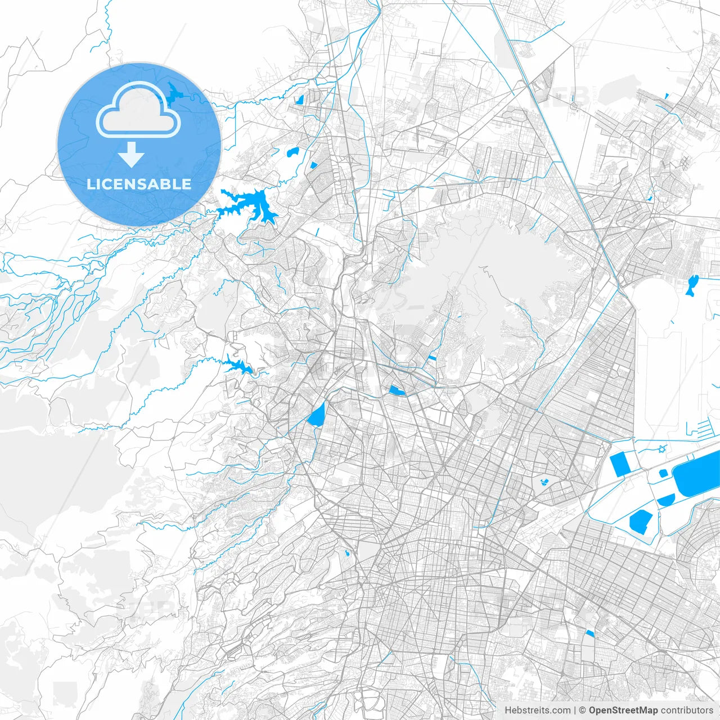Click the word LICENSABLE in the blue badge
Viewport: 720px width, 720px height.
pos(139,184)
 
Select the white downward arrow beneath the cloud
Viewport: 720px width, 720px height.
pos(132,155)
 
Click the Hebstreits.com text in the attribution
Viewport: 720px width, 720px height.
pos(537,710)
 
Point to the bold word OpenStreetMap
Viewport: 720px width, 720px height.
pos(623,710)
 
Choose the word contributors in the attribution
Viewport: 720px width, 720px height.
pos(686,710)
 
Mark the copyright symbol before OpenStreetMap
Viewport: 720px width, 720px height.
pos(583,710)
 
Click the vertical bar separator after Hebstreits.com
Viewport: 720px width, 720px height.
pos(575,710)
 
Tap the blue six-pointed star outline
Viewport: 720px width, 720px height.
pos(662,449)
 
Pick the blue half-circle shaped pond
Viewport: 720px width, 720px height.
pos(666,499)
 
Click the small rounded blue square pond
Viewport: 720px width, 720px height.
pos(663,474)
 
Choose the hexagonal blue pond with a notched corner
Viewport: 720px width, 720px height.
pos(641,521)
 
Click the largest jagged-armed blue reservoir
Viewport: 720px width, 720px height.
pos(247,205)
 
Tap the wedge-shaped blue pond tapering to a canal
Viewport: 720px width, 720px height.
pos(317,416)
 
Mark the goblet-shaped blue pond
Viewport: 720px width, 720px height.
pos(692,285)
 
